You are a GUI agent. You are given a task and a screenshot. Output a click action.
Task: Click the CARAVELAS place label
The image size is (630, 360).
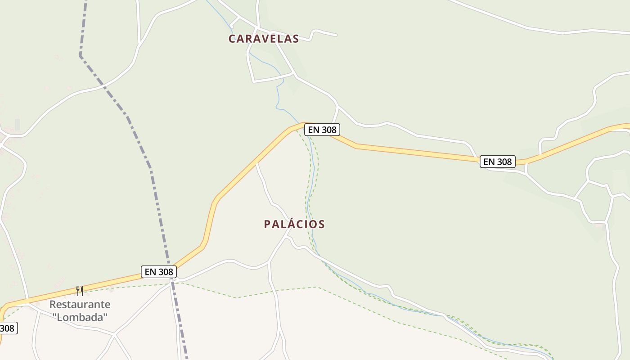[x=263, y=39]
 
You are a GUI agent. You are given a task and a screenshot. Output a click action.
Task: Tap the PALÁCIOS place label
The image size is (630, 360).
[x=294, y=224]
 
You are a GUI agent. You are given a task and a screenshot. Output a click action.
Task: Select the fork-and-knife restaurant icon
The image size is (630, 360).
[x=80, y=291]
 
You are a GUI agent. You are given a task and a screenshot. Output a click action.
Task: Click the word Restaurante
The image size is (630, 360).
[x=80, y=305]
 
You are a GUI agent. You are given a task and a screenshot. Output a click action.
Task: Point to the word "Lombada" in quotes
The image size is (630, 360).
[x=80, y=317]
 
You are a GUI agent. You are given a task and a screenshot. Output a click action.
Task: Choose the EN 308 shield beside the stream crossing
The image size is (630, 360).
[x=321, y=130]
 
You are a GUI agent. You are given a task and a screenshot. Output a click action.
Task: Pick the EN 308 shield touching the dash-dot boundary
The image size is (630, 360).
[x=158, y=272]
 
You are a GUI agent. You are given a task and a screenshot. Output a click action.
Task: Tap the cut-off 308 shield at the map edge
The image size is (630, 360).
[x=7, y=328]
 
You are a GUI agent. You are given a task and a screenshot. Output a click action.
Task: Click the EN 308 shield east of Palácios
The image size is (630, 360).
[x=497, y=162]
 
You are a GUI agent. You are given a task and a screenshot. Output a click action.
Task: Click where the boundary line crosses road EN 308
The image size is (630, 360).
[x=170, y=266]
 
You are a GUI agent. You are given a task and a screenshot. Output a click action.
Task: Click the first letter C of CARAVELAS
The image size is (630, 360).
[x=232, y=39]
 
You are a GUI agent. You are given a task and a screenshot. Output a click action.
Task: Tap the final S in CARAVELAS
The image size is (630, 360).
[x=295, y=39]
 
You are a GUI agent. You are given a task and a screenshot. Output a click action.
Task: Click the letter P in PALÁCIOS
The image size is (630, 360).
[x=267, y=224]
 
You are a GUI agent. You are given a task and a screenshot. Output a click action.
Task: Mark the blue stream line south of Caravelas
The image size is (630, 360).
[x=277, y=97]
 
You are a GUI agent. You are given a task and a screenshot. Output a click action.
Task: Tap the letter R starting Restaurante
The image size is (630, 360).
[x=53, y=305]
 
